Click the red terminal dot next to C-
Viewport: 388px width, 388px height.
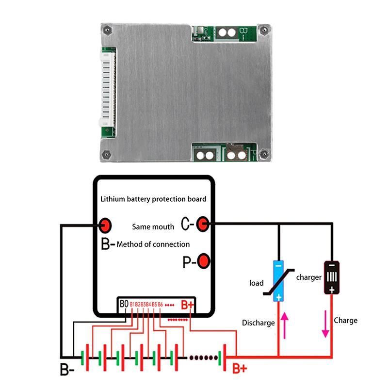pyautogui.click(x=203, y=224)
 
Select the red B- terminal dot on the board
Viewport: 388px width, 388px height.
pyautogui.click(x=105, y=225)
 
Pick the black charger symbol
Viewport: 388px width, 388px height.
pyautogui.click(x=332, y=278)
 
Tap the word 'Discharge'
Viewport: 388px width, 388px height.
pyautogui.click(x=259, y=323)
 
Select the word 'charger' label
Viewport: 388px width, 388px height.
pyautogui.click(x=309, y=277)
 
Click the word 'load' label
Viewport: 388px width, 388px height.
pyautogui.click(x=256, y=283)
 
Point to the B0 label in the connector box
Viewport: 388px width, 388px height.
pyautogui.click(x=124, y=304)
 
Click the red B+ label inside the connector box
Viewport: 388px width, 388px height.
pyautogui.click(x=187, y=305)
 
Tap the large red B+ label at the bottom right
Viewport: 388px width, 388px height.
pyautogui.click(x=240, y=370)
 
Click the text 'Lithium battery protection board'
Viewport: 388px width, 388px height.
pyautogui.click(x=153, y=199)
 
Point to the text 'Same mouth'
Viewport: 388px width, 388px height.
pyautogui.click(x=153, y=226)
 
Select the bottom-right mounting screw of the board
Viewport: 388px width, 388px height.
pyautogui.click(x=263, y=154)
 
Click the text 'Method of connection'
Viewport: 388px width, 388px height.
pyautogui.click(x=153, y=244)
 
